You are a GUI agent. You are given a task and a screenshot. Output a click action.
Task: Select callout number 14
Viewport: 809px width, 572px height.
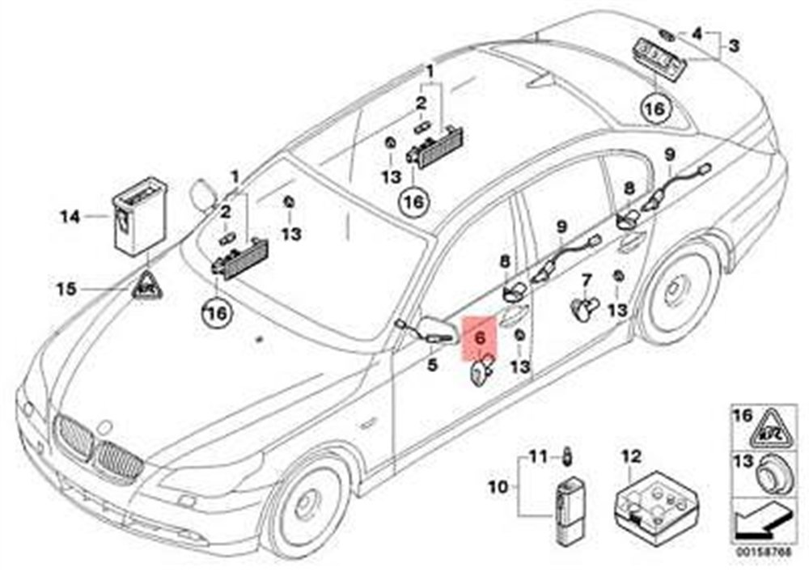pyautogui.click(x=70, y=216)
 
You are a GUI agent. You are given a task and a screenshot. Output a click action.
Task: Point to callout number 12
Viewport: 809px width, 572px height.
pyautogui.click(x=630, y=455)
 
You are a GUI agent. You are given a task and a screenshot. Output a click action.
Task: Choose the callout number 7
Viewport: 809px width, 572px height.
pyautogui.click(x=587, y=280)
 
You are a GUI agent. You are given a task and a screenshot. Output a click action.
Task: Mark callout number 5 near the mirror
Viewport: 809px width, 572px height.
pyautogui.click(x=432, y=366)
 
